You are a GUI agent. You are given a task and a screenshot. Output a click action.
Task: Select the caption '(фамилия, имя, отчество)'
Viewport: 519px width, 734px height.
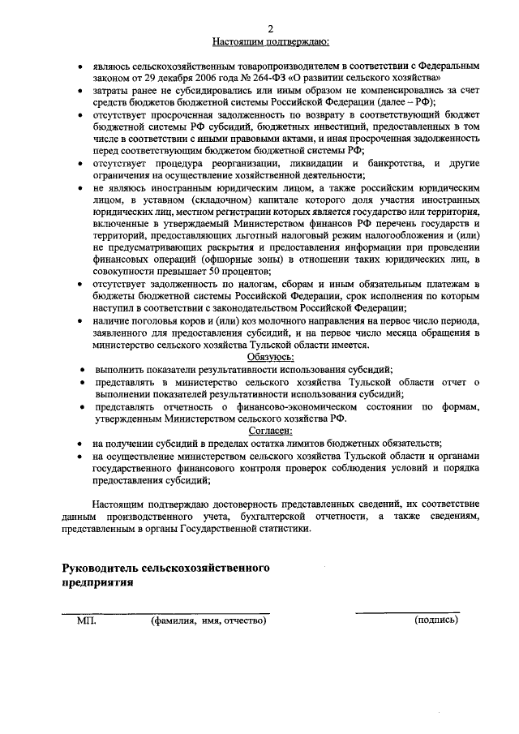coord(208,620)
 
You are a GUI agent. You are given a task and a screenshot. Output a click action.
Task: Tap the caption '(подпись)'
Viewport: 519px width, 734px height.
coord(435,620)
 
